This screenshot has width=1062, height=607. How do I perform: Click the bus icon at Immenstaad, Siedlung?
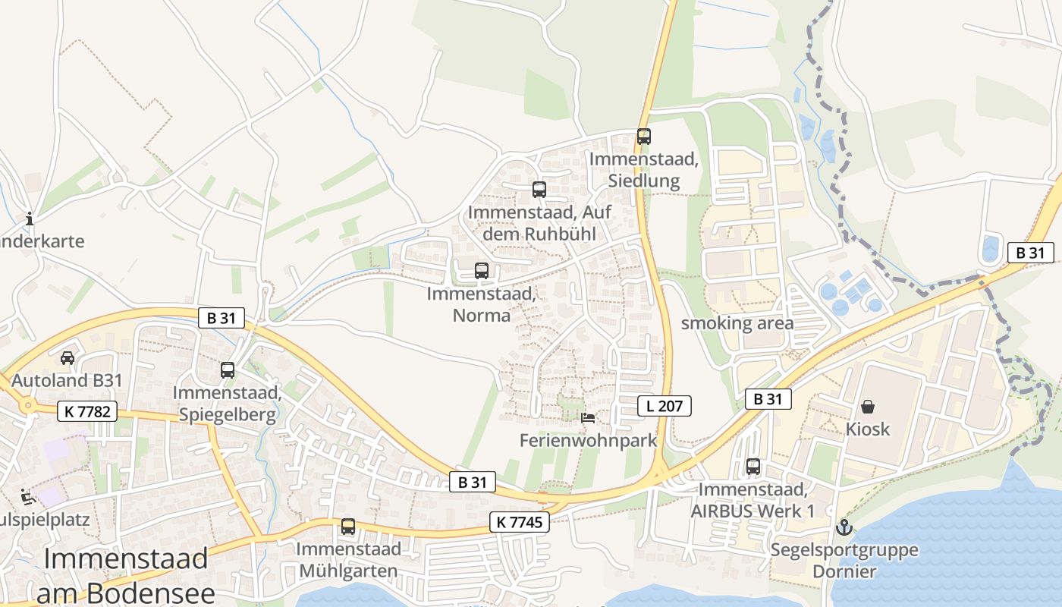(x=643, y=137)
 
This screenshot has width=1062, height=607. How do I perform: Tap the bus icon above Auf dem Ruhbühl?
(x=539, y=190)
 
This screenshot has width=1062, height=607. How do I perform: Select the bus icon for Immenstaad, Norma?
(x=481, y=270)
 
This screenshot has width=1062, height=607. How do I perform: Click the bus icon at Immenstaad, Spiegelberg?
(x=227, y=370)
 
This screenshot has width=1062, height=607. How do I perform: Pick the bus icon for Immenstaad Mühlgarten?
(x=347, y=526)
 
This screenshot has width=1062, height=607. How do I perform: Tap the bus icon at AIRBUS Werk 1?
(x=753, y=467)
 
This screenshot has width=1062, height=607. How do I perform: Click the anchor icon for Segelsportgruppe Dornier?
(x=843, y=527)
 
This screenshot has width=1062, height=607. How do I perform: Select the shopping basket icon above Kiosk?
(x=867, y=407)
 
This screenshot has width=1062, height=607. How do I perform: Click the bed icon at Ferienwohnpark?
(x=588, y=417)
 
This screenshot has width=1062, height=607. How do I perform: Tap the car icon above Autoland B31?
(x=67, y=357)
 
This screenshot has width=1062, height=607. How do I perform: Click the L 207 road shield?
(x=665, y=406)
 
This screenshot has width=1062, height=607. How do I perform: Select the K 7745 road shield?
(x=520, y=522)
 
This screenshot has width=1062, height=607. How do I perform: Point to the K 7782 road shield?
(x=88, y=412)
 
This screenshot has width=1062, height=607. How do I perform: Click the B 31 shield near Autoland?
(x=222, y=318)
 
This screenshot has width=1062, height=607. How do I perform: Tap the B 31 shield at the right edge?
(x=1030, y=253)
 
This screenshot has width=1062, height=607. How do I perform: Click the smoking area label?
(x=737, y=323)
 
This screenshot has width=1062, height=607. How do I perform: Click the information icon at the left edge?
(x=30, y=219)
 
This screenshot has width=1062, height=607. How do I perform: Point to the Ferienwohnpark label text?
(x=588, y=440)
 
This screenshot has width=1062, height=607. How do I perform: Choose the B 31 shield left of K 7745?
(x=473, y=482)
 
